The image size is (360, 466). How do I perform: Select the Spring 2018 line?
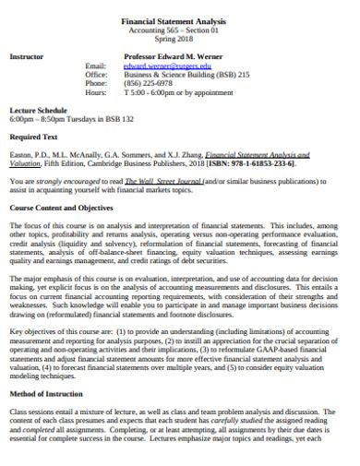coord(178,40)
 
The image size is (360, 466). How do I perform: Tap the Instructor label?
coord(26,56)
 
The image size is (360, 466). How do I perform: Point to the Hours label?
coord(96,93)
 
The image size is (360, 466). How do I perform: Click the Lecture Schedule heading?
coord(36,110)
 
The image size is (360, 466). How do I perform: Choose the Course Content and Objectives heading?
coord(61,209)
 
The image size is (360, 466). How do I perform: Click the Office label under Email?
coord(96,75)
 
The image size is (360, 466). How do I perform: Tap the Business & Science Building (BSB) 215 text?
coord(186,75)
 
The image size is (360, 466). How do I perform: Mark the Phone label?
coord(96,84)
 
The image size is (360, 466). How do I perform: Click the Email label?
coord(96,66)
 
